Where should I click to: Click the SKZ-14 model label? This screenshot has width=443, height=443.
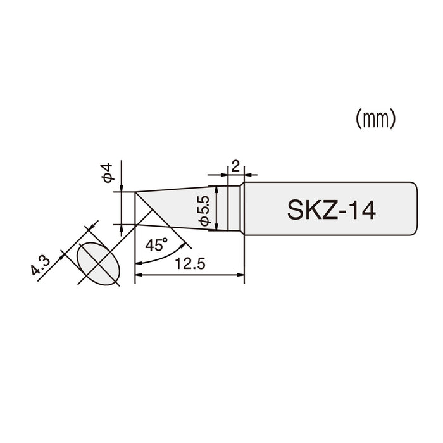pos(333,209)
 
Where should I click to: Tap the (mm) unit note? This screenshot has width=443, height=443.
pos(375,118)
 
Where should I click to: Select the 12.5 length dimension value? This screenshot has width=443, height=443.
pos(190,265)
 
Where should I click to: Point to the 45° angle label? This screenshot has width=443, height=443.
pos(156,246)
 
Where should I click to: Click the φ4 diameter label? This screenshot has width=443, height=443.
pos(107,173)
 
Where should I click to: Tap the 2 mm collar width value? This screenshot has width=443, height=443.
pos(235,167)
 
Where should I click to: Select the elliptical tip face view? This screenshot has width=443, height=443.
pos(97,262)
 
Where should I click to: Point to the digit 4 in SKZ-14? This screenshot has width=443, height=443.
pos(369,209)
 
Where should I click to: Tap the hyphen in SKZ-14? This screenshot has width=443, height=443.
pos(343,211)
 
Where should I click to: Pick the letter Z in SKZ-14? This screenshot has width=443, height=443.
pos(329,209)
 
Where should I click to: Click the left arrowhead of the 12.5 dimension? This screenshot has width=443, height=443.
pos(139,275)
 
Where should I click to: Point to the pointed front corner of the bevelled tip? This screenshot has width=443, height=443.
pos(135,193)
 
